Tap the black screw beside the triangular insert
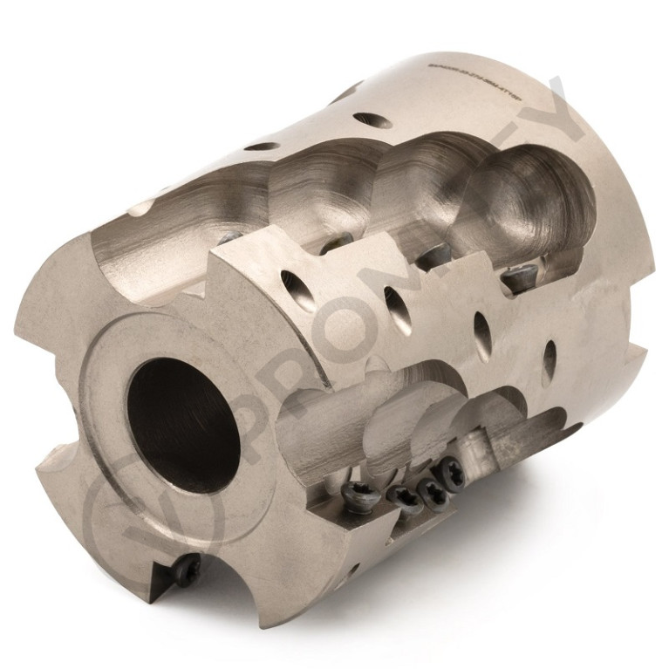pos(186,571)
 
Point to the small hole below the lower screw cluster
pos(353,571)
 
